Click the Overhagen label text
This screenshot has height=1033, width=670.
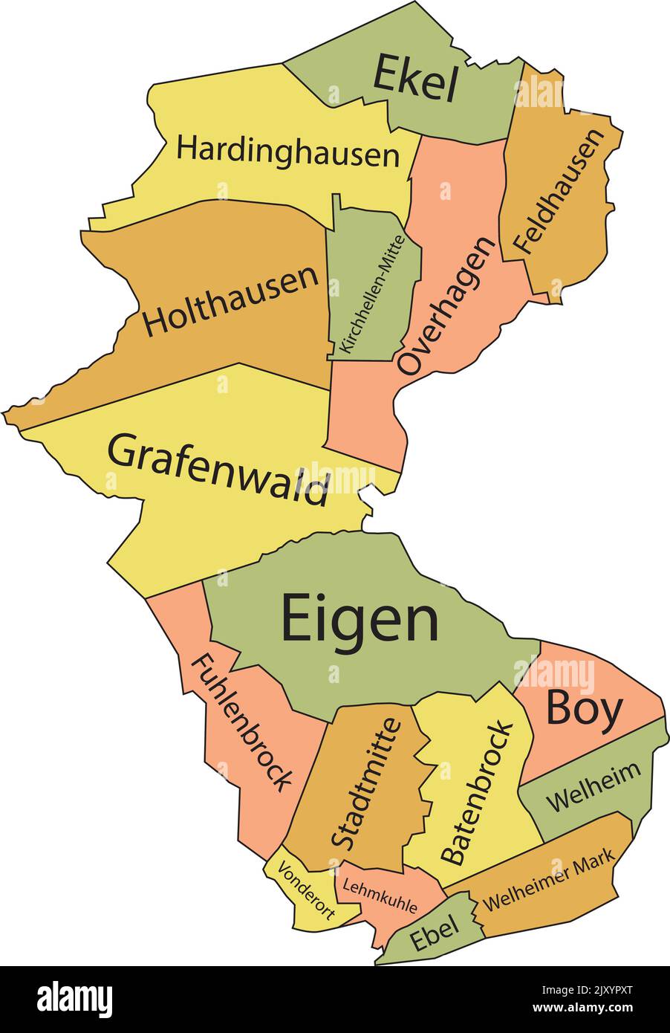pos(446,305)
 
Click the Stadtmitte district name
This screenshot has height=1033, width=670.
pos(365,783)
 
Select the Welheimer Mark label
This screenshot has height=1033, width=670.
pos(549,881)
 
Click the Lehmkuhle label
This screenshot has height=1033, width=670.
pos(376,895)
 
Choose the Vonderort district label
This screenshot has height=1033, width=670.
pos(305,893)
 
